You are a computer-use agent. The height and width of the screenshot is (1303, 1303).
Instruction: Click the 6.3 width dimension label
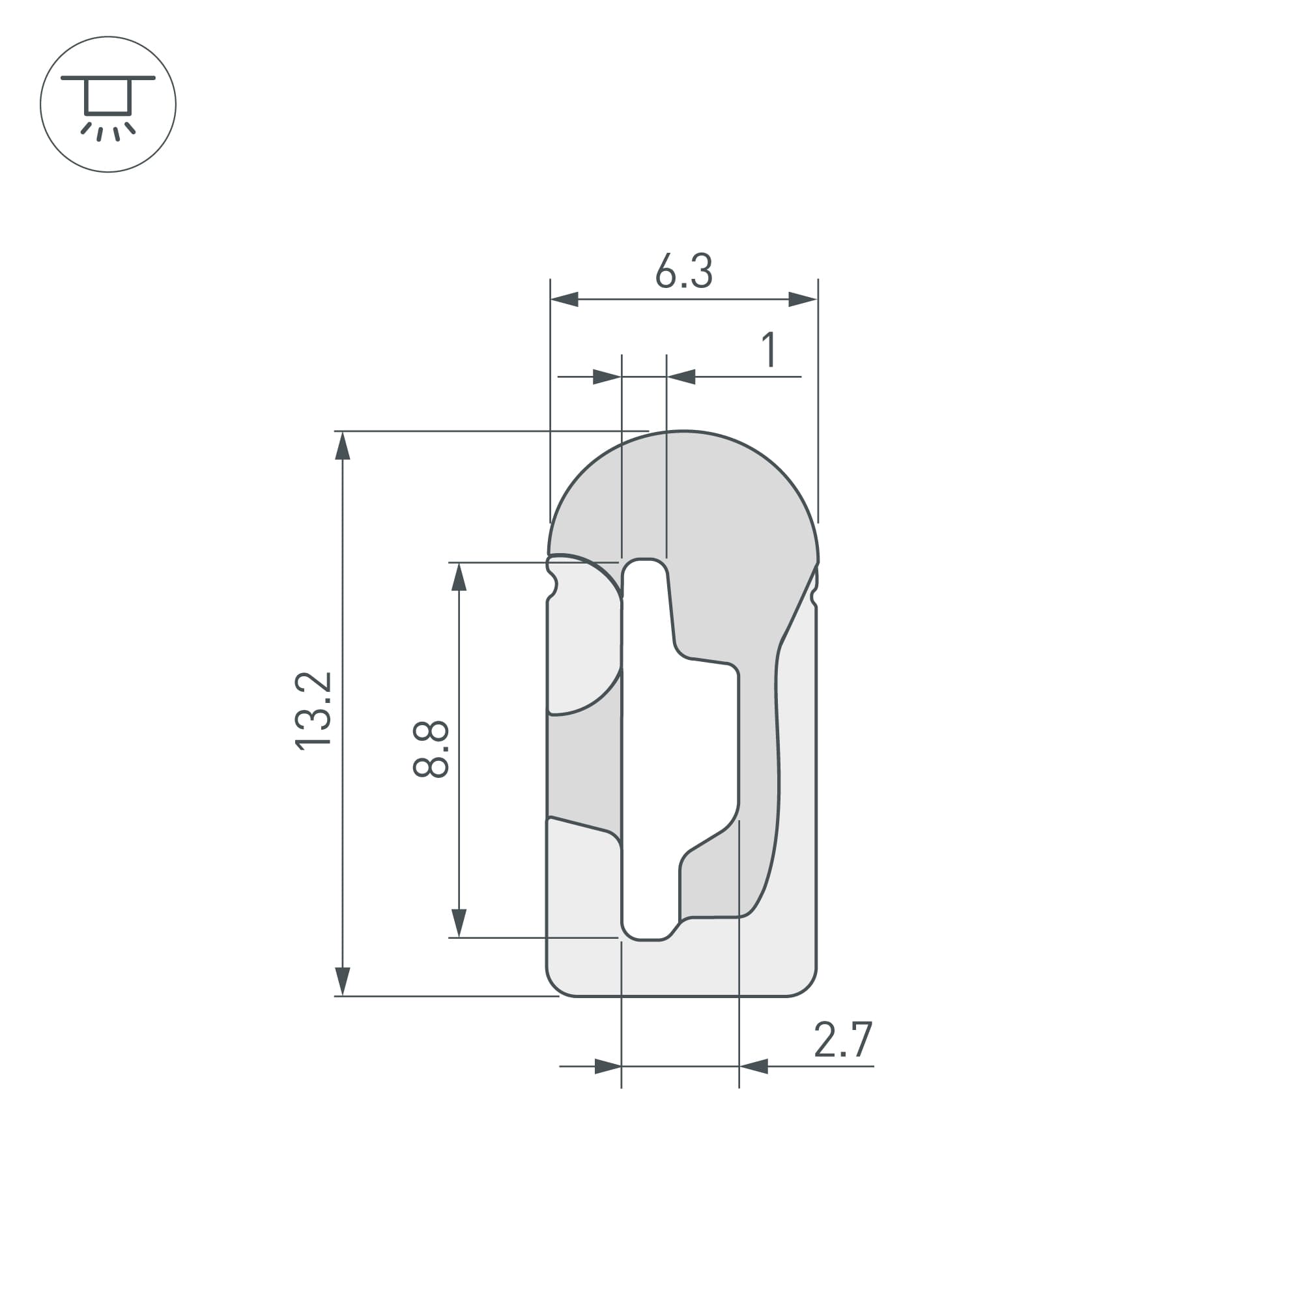coord(683,272)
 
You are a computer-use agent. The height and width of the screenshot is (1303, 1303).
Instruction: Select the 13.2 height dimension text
coord(314,711)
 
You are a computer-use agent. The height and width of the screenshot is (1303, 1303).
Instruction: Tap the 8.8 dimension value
coord(431,749)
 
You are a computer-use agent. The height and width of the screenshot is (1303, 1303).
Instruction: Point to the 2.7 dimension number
coord(843,1039)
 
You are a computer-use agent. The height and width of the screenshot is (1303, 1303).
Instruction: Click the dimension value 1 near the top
coord(769,349)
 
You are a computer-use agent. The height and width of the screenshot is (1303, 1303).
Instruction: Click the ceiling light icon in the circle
coord(108,104)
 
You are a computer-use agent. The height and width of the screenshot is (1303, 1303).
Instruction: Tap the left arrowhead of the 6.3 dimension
coord(564,299)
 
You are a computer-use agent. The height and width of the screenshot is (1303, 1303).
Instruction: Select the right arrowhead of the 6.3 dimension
coord(803,299)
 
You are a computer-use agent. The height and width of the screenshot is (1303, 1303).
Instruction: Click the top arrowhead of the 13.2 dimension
coord(343,446)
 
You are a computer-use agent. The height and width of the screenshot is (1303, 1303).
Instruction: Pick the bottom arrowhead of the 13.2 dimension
coord(343,981)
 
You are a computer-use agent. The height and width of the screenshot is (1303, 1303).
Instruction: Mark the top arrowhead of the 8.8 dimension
coord(459,577)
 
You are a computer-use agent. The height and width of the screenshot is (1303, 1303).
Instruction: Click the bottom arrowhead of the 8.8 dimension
coord(459,923)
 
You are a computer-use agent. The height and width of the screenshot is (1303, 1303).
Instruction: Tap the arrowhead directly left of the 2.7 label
coord(753,1067)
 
